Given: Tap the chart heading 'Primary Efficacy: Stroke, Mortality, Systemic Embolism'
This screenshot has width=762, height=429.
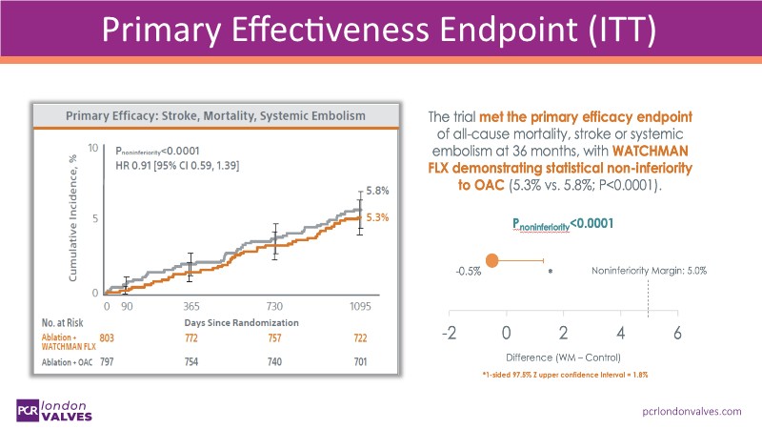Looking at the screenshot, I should tap(215, 115).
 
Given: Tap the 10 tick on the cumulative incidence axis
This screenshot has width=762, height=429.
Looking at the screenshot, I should tap(92, 149).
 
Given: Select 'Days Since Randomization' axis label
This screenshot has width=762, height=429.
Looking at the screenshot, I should tap(242, 322).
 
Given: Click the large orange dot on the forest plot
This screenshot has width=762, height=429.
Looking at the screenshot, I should tap(492, 260).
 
